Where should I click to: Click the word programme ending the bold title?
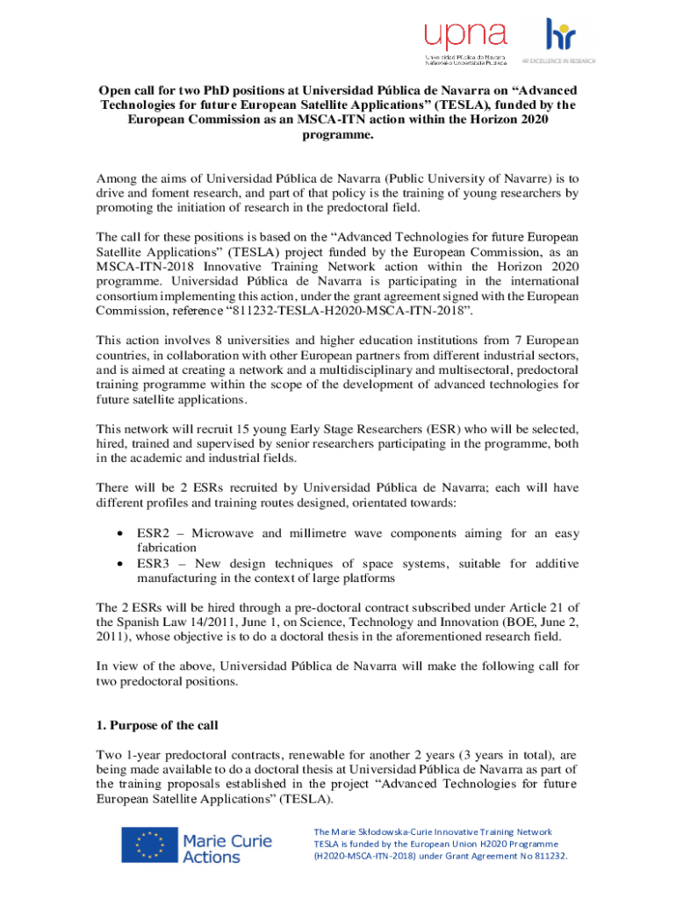[337, 136]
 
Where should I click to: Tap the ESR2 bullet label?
[154, 533]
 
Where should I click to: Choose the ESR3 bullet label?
[154, 564]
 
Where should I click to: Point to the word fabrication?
[167, 548]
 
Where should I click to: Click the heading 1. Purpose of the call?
[157, 726]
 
